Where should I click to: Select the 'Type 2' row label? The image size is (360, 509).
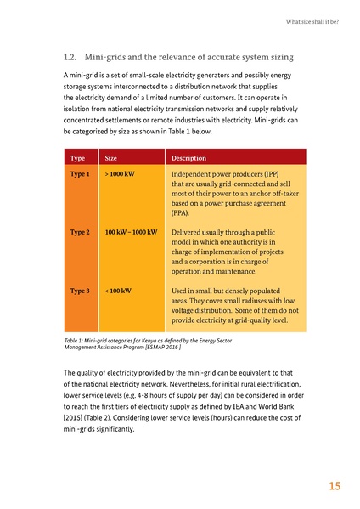[80, 231]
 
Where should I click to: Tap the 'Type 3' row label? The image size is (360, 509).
[80, 291]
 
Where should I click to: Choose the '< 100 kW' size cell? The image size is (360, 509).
[117, 291]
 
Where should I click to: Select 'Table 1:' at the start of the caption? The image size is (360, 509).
[77, 340]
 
